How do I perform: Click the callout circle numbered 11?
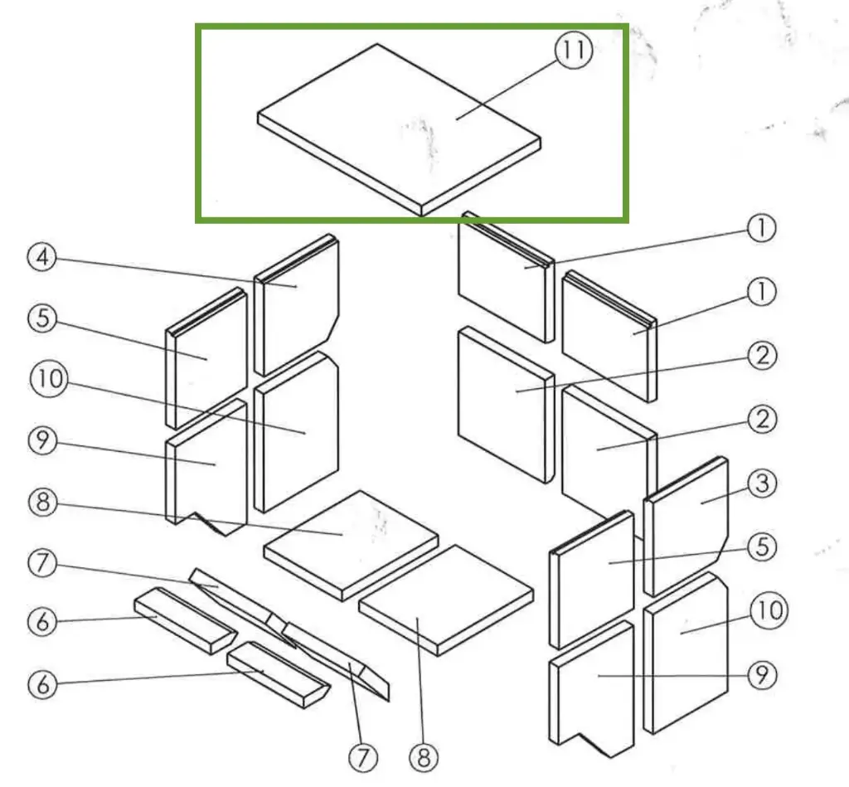pyautogui.click(x=574, y=51)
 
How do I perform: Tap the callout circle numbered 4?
pyautogui.click(x=41, y=257)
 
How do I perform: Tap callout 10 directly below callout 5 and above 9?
pyautogui.click(x=46, y=380)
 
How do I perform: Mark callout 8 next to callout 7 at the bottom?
pyautogui.click(x=423, y=755)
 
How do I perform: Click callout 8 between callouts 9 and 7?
pyautogui.click(x=41, y=502)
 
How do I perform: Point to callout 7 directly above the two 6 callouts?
pyautogui.click(x=41, y=564)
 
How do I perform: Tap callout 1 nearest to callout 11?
pyautogui.click(x=761, y=228)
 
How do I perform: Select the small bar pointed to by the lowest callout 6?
pyautogui.click(x=278, y=673)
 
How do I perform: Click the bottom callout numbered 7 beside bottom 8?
pyautogui.click(x=362, y=755)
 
